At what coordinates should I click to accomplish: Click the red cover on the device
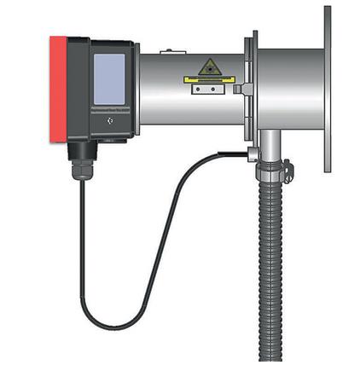point(58,90)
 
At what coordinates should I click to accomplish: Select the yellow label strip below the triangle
point(209,83)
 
